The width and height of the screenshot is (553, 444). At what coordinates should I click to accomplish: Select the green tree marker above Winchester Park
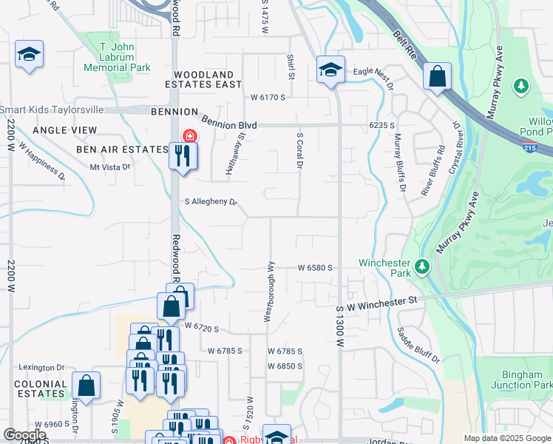coord(422,266)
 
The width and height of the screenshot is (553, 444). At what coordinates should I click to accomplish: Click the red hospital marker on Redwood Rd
coord(190,136)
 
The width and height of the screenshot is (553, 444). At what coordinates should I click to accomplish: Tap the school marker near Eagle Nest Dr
coord(330,70)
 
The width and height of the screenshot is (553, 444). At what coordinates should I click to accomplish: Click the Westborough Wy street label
coord(271,291)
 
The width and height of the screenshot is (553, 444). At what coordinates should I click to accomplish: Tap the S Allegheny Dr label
coord(211,202)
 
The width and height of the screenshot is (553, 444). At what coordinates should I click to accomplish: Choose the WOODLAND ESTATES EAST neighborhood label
coord(208,80)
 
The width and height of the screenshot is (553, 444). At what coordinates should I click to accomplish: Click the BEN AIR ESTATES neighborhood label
coord(122,149)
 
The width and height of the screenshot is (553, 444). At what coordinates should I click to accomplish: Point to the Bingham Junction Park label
coord(520,380)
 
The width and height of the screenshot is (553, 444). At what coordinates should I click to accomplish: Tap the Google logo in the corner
coord(24,435)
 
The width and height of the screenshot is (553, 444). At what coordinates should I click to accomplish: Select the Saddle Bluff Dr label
coord(419,346)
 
